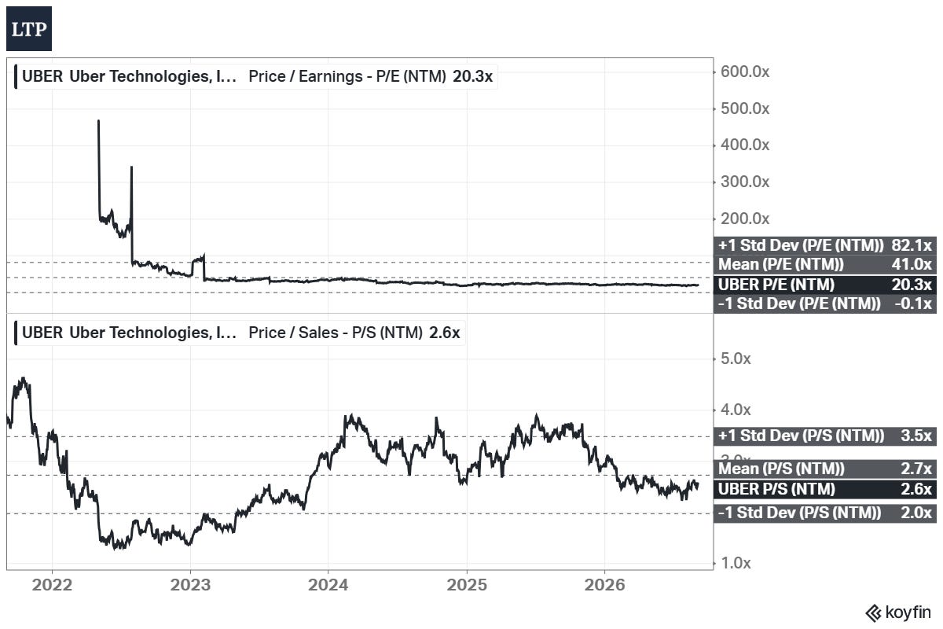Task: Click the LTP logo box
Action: click(x=29, y=28)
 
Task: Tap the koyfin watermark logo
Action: click(x=898, y=613)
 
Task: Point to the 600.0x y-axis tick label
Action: click(x=745, y=72)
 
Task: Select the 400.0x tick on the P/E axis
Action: click(x=745, y=145)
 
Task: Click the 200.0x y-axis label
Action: click(x=745, y=219)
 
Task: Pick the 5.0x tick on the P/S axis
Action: click(x=736, y=359)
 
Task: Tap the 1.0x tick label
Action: click(x=736, y=563)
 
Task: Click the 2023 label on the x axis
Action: click(x=190, y=585)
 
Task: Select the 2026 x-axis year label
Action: click(x=604, y=585)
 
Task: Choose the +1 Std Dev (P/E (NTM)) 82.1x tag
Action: click(x=824, y=245)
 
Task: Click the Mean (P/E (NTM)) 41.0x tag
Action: click(x=824, y=264)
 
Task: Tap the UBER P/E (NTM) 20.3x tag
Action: click(x=824, y=285)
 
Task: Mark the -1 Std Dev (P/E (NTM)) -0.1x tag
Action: click(x=824, y=303)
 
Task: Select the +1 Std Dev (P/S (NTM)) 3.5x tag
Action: click(x=824, y=436)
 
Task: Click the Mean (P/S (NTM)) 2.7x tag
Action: click(x=824, y=469)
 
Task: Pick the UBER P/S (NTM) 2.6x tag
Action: click(x=824, y=489)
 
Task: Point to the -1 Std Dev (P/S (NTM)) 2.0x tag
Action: click(x=824, y=513)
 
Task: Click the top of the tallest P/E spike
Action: click(x=98, y=120)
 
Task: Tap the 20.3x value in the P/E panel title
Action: click(x=473, y=77)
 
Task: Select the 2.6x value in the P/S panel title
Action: click(x=445, y=333)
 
